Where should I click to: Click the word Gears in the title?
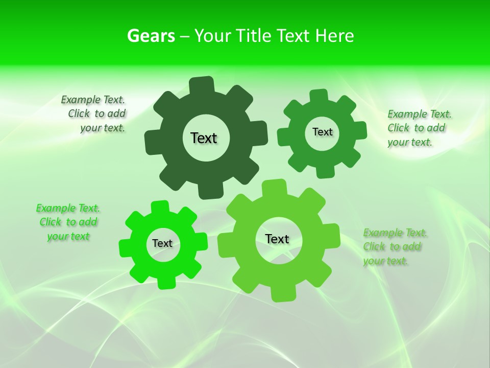[x=151, y=36]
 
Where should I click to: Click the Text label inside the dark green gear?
[x=204, y=138]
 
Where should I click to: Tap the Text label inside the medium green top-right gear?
[x=322, y=132]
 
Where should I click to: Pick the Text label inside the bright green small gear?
[x=162, y=243]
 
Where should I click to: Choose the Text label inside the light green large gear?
[x=277, y=239]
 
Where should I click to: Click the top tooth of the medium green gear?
[x=318, y=97]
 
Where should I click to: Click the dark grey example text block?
[x=94, y=114]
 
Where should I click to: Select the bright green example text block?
[x=68, y=222]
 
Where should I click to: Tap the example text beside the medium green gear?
[x=419, y=128]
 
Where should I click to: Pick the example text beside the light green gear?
[x=395, y=247]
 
